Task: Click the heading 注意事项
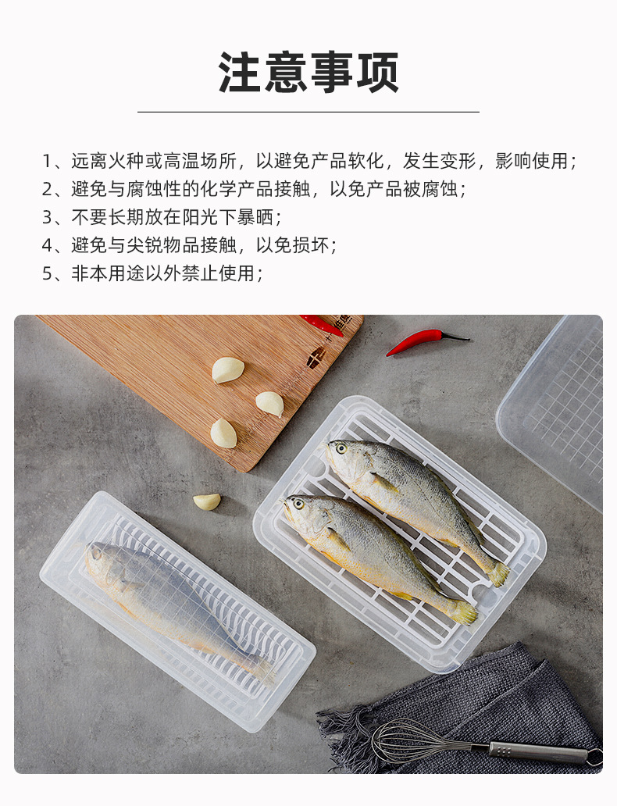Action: (308, 73)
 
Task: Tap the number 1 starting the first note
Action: (47, 162)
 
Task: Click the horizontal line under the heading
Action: (308, 112)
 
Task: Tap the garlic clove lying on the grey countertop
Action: (207, 501)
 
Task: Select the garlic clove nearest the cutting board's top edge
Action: (227, 369)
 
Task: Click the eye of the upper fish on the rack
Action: (341, 448)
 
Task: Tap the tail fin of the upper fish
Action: (497, 575)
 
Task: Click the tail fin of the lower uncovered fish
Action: (464, 612)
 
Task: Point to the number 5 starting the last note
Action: (47, 273)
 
